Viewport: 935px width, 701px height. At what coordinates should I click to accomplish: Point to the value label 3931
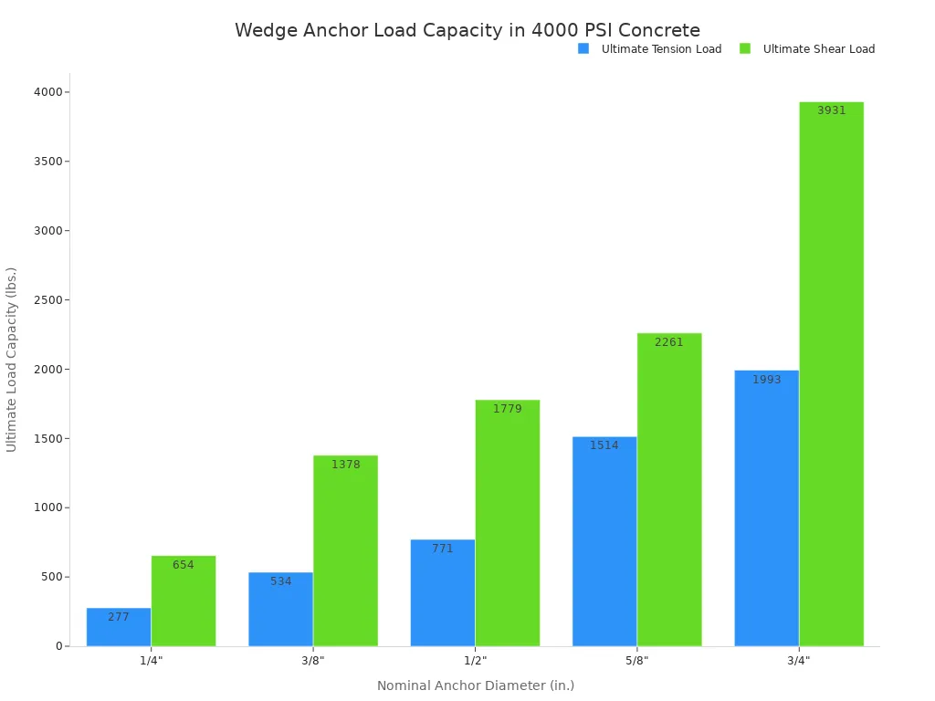[x=831, y=110]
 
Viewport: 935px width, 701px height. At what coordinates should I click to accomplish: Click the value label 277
[x=119, y=617]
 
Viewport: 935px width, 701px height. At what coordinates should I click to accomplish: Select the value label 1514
[x=604, y=445]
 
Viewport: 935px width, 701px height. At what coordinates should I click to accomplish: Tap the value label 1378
[x=345, y=465]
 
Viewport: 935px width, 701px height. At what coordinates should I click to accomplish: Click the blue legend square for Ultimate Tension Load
[x=583, y=48]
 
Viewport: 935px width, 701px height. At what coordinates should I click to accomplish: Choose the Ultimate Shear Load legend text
[x=818, y=49]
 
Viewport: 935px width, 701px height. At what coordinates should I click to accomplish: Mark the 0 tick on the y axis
[x=58, y=646]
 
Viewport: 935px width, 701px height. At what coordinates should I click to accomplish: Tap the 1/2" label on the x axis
[x=475, y=660]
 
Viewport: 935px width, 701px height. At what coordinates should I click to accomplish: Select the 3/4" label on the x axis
[x=798, y=660]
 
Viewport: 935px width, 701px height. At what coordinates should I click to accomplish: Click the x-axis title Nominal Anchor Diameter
[x=475, y=685]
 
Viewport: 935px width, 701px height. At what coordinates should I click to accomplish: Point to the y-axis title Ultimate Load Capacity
[x=12, y=360]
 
